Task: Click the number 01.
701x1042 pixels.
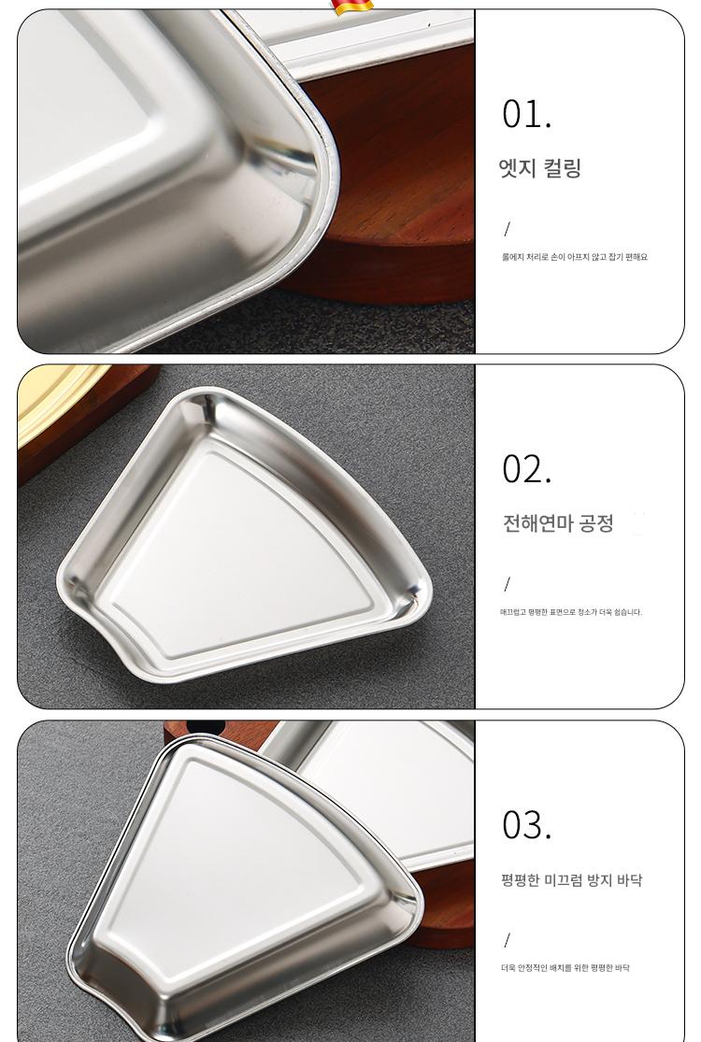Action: [x=526, y=114]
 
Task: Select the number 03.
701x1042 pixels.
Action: [x=526, y=824]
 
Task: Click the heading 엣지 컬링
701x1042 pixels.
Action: [x=540, y=167]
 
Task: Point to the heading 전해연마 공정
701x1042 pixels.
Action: [x=557, y=523]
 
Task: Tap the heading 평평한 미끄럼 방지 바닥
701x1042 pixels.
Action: [x=571, y=880]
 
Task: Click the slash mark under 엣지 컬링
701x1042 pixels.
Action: [x=507, y=229]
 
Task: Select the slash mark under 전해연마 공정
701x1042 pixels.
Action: [x=507, y=584]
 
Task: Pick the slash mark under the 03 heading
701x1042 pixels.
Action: [x=507, y=939]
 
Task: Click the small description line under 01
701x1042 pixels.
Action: [x=574, y=257]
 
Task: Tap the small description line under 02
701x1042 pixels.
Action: [x=571, y=612]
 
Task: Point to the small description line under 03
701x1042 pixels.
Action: [x=565, y=967]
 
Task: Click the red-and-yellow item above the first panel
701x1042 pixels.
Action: [x=352, y=7]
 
